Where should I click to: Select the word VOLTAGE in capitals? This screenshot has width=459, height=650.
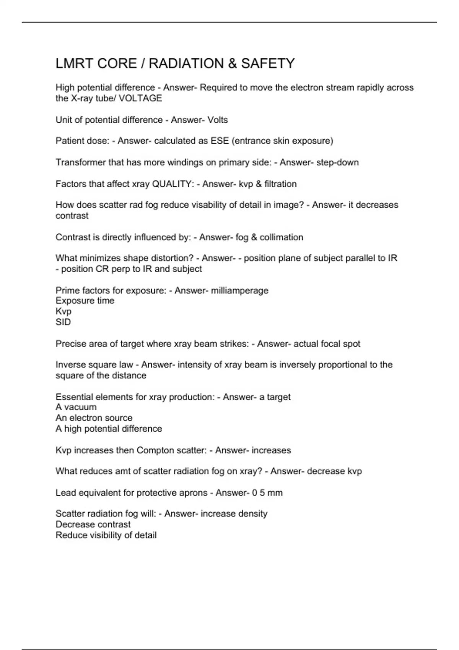point(140,98)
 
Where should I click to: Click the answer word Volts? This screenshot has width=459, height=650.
point(218,120)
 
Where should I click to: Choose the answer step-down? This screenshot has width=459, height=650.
point(337,162)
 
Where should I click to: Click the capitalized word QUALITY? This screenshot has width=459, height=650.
point(173,184)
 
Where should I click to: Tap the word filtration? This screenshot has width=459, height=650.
point(280,184)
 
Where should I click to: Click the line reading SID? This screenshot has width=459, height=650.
point(63,322)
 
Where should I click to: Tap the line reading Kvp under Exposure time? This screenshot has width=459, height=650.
point(63,311)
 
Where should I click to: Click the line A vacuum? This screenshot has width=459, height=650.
point(76,407)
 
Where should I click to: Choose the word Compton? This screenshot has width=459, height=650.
point(154,450)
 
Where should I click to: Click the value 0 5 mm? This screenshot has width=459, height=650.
point(267,492)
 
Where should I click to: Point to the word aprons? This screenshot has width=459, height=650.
point(193,492)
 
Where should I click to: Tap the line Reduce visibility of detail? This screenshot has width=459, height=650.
point(106,535)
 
